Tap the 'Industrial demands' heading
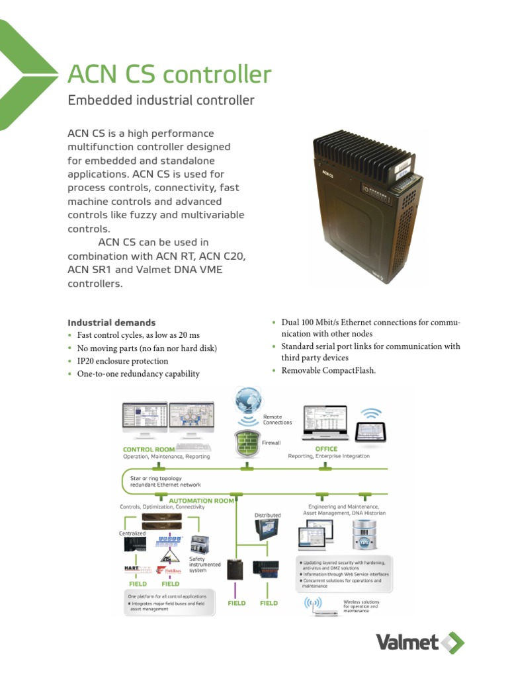pyautogui.click(x=111, y=323)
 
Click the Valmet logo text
pyautogui.click(x=407, y=642)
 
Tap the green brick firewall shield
pyautogui.click(x=246, y=442)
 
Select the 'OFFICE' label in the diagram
pyautogui.click(x=327, y=448)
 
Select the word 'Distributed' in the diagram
pyautogui.click(x=268, y=515)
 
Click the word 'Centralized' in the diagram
pyautogui.click(x=132, y=533)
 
